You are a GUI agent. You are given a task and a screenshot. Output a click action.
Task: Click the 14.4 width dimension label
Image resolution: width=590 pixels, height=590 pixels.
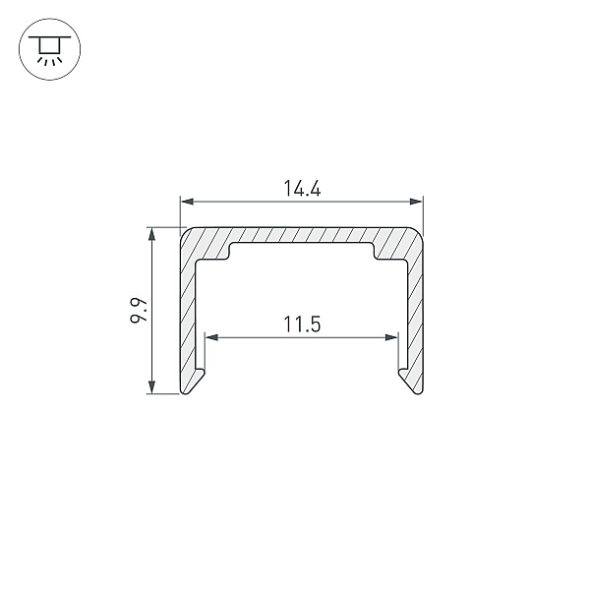click(x=302, y=189)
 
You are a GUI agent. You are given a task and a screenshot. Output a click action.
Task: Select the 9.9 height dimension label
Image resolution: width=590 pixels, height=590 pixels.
click(x=138, y=311)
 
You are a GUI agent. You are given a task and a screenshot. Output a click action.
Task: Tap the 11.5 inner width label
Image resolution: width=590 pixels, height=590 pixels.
click(x=302, y=324)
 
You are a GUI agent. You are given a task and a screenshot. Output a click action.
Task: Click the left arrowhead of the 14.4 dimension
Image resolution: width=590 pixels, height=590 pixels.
click(x=188, y=202)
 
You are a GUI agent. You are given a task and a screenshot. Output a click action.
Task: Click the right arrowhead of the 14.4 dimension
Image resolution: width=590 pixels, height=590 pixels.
click(x=416, y=202)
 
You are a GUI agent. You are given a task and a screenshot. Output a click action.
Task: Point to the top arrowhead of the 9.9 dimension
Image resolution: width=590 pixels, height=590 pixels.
click(x=151, y=234)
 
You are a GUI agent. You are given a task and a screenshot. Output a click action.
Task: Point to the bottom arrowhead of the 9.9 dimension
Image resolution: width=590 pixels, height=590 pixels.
click(x=151, y=387)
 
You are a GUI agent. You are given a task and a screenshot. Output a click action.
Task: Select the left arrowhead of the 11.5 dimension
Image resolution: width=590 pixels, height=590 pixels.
click(x=211, y=337)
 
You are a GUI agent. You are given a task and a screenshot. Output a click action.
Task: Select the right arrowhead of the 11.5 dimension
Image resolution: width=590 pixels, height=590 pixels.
click(x=391, y=337)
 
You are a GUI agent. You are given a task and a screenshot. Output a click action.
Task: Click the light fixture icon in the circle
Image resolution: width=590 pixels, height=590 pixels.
click(x=50, y=49)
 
